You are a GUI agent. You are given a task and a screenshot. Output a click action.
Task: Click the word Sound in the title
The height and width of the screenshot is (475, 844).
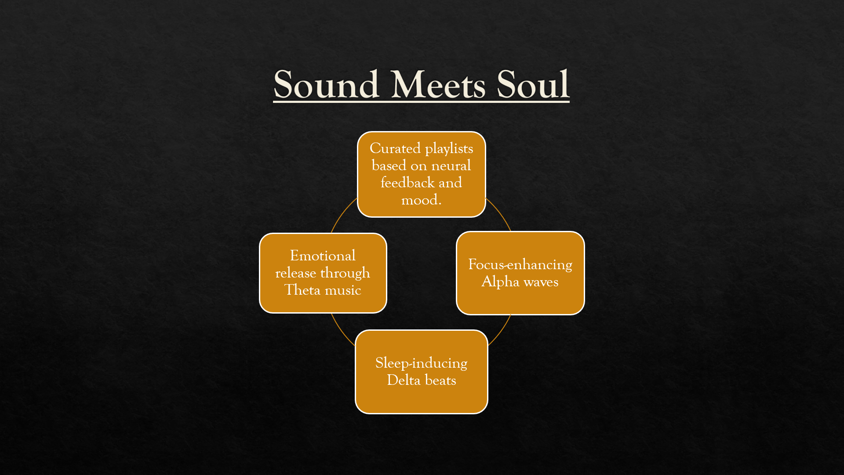(326, 84)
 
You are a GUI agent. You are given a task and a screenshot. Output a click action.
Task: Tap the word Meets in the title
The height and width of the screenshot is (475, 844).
(438, 84)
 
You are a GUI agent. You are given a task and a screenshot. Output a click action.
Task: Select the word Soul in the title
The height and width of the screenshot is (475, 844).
(533, 84)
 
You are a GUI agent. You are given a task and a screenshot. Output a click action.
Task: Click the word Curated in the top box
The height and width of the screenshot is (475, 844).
(395, 149)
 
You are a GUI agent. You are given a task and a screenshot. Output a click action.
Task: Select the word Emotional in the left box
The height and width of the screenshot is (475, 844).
(323, 256)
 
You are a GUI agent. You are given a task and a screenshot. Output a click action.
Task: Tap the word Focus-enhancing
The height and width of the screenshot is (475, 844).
(520, 265)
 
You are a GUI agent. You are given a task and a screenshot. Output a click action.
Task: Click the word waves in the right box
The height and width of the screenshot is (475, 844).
(541, 282)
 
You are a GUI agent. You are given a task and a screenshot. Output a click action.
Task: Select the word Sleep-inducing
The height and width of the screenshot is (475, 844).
(421, 363)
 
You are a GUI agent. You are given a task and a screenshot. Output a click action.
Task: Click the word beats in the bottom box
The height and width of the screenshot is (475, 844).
(440, 380)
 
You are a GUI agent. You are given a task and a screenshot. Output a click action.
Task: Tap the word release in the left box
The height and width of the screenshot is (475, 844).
(295, 273)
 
